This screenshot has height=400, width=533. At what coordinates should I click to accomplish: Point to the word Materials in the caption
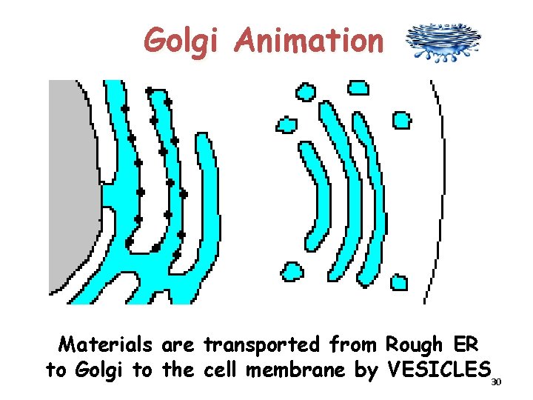[x=107, y=345]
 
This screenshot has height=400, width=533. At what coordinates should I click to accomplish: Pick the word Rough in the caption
[x=410, y=345]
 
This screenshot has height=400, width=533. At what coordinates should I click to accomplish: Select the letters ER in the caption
[x=463, y=345]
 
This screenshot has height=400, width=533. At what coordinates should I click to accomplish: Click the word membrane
[x=309, y=370]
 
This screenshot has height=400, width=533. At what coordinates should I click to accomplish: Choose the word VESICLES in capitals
[x=439, y=370]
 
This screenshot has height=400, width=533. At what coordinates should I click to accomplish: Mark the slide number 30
[x=496, y=381]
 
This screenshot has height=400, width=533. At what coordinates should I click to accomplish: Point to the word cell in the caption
[x=222, y=370]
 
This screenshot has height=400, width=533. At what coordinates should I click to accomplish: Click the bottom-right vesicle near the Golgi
[x=398, y=282]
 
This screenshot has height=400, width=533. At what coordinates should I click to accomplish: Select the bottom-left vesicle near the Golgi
[x=292, y=271]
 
